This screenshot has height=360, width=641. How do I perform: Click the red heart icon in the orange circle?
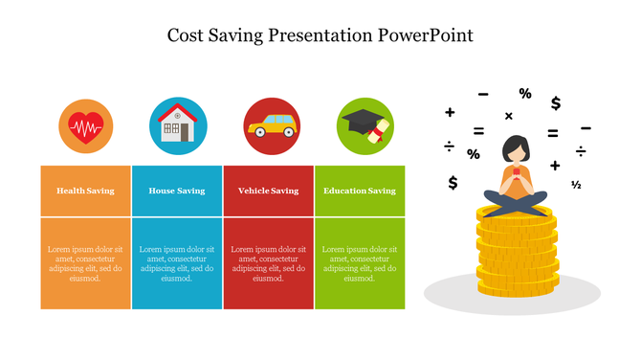tap(86, 126)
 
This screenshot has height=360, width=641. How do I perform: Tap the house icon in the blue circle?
tap(177, 125)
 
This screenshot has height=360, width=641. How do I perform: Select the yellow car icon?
tap(271, 126)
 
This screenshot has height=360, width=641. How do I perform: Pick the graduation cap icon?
tap(365, 124)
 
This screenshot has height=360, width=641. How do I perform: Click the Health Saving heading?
tap(85, 191)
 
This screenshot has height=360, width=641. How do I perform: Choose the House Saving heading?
tap(177, 191)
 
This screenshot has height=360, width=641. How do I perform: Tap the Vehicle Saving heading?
tap(269, 191)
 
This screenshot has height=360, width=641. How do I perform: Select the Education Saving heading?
tap(360, 191)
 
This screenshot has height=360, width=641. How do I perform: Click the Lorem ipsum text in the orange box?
tap(85, 263)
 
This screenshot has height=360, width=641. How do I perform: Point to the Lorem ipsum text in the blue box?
tap(177, 263)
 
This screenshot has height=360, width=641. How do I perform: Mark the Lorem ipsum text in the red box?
tap(269, 263)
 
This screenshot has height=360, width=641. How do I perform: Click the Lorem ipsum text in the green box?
tap(360, 263)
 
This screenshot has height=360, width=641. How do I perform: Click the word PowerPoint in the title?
tap(426, 36)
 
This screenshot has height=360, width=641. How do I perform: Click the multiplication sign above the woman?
tap(508, 117)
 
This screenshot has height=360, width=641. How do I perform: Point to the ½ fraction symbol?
tap(576, 185)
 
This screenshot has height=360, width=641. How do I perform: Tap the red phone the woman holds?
tap(516, 174)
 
